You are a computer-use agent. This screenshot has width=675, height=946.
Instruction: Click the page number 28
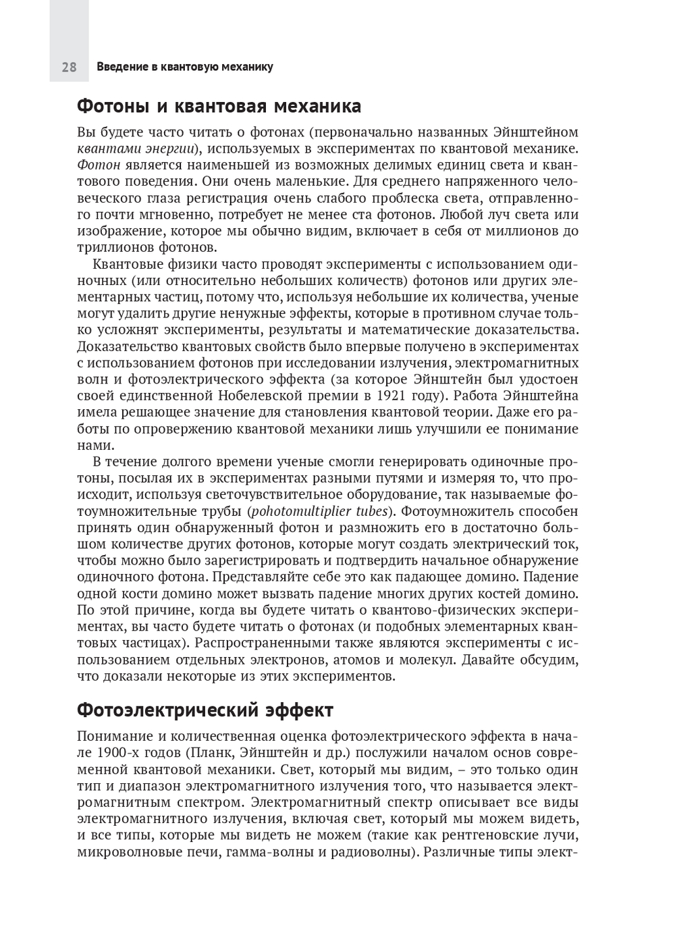pyautogui.click(x=69, y=67)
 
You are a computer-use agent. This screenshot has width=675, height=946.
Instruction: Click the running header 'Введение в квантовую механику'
pyautogui.click(x=184, y=67)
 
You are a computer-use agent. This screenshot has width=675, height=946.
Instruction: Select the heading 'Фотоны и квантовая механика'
pyautogui.click(x=219, y=106)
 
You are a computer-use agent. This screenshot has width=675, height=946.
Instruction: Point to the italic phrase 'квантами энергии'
pyautogui.click(x=136, y=149)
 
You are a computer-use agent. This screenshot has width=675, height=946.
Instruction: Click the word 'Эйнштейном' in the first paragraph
pyautogui.click(x=535, y=132)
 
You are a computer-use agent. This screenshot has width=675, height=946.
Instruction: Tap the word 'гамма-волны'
pyautogui.click(x=270, y=852)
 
